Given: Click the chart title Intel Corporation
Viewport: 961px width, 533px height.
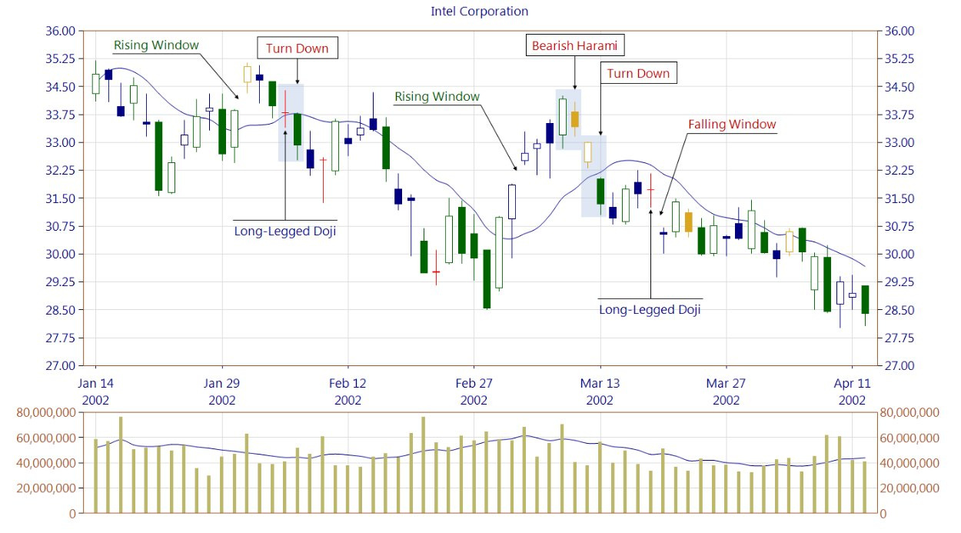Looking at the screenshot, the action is click(479, 12).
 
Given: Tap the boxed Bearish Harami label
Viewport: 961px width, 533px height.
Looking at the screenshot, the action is click(575, 45).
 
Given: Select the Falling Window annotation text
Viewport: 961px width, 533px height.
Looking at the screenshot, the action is click(732, 125).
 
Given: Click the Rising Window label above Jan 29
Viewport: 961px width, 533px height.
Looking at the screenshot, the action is click(156, 45).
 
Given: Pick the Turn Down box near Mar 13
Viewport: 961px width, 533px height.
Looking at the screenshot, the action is click(638, 73).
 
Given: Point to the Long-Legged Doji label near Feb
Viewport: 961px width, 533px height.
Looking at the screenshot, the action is click(285, 232).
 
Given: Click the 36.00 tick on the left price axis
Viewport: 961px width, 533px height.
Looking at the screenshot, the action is click(61, 31).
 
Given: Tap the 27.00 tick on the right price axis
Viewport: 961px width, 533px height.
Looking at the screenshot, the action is click(899, 365).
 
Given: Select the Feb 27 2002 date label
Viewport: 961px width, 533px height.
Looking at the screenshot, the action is click(474, 391).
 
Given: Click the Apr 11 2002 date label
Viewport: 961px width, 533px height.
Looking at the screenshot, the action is click(852, 391).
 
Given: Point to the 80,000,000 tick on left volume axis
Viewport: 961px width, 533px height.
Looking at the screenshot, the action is click(46, 412).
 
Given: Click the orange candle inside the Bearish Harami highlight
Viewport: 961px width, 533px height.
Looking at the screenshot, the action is click(575, 119).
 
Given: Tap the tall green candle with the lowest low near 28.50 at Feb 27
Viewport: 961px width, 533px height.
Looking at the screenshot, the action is click(487, 279).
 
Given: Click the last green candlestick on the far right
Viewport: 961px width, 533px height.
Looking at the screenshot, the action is click(866, 299).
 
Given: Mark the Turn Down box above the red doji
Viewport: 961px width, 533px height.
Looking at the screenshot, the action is click(298, 48).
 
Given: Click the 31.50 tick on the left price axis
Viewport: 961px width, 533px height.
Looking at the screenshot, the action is click(61, 198).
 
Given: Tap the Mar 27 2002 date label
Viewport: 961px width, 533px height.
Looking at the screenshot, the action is click(726, 391).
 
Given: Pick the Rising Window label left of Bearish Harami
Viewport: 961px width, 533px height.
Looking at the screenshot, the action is click(437, 97).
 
